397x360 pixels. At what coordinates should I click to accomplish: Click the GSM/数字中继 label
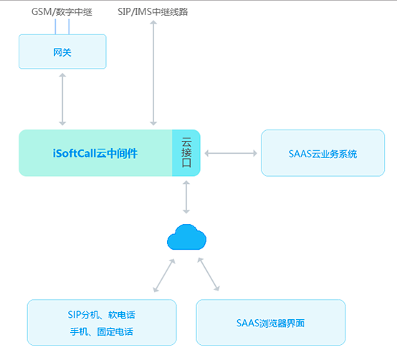coord(62,12)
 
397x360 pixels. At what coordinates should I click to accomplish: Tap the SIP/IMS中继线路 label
coord(153,12)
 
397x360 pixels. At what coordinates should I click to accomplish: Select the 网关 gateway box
coord(62,52)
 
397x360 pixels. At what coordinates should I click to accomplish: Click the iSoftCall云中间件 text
coord(95,153)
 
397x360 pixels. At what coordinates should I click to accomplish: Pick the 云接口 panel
coord(186,153)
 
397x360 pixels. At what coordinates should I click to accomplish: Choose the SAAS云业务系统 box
coord(322,153)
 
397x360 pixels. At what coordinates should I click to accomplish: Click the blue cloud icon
coord(186,237)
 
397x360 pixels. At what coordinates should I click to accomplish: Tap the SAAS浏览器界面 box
coord(271,322)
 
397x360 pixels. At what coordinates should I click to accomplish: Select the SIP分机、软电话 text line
coord(102,315)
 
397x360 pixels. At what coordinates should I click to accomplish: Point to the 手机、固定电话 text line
coord(102,331)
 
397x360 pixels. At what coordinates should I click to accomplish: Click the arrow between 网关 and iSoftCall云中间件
coord(62,99)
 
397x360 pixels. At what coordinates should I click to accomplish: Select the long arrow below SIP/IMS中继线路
coord(153,73)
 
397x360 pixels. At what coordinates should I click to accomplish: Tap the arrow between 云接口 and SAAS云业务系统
coord(231,153)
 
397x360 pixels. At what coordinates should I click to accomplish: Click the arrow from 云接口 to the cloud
coord(186,198)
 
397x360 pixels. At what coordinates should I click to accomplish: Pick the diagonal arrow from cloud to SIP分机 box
coord(164,276)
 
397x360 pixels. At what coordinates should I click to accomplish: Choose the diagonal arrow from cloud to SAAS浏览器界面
coord(209,274)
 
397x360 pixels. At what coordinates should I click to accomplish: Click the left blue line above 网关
coord(55,26)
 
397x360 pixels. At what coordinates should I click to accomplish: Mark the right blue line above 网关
coord(69,26)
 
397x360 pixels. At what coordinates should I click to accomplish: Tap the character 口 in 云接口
coord(186,163)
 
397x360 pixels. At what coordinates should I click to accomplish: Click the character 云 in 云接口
coord(186,142)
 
